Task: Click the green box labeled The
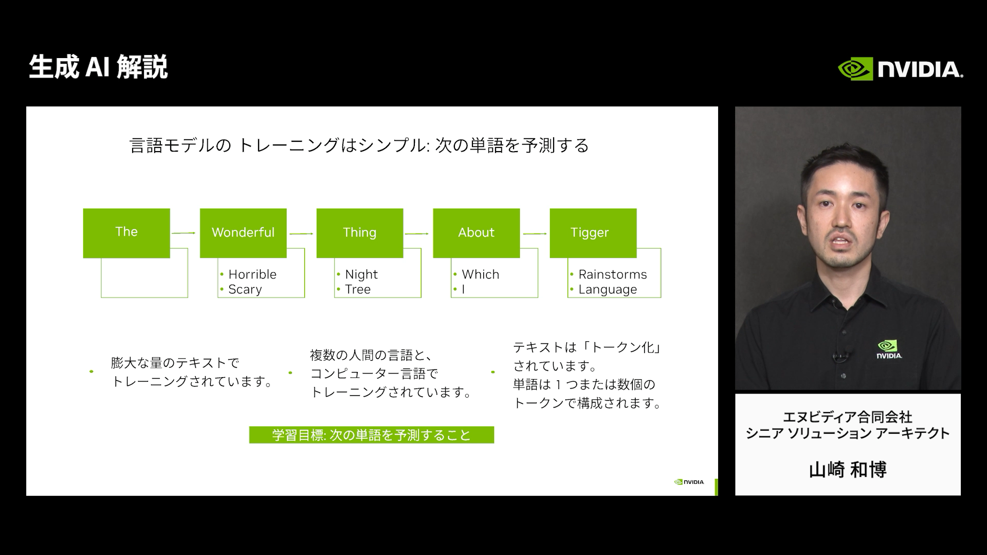[126, 233]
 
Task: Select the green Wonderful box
[243, 233]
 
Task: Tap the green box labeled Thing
[360, 233]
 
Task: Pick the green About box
[477, 233]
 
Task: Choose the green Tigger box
[593, 233]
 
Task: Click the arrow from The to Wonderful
[184, 233]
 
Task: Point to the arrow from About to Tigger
[535, 234]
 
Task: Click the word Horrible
[252, 274]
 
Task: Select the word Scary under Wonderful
[245, 289]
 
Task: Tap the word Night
[361, 274]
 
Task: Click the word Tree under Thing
[358, 289]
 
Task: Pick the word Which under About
[481, 274]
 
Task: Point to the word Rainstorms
[613, 274]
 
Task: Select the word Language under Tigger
[608, 289]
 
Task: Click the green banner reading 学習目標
[372, 435]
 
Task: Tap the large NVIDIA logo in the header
[901, 69]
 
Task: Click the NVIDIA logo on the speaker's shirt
[889, 349]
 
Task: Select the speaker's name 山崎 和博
[848, 470]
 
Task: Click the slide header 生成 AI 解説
[99, 67]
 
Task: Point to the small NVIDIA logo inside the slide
[689, 482]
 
